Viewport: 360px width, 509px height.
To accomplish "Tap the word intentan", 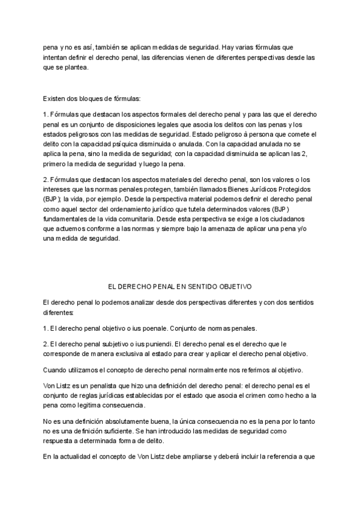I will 56,56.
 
